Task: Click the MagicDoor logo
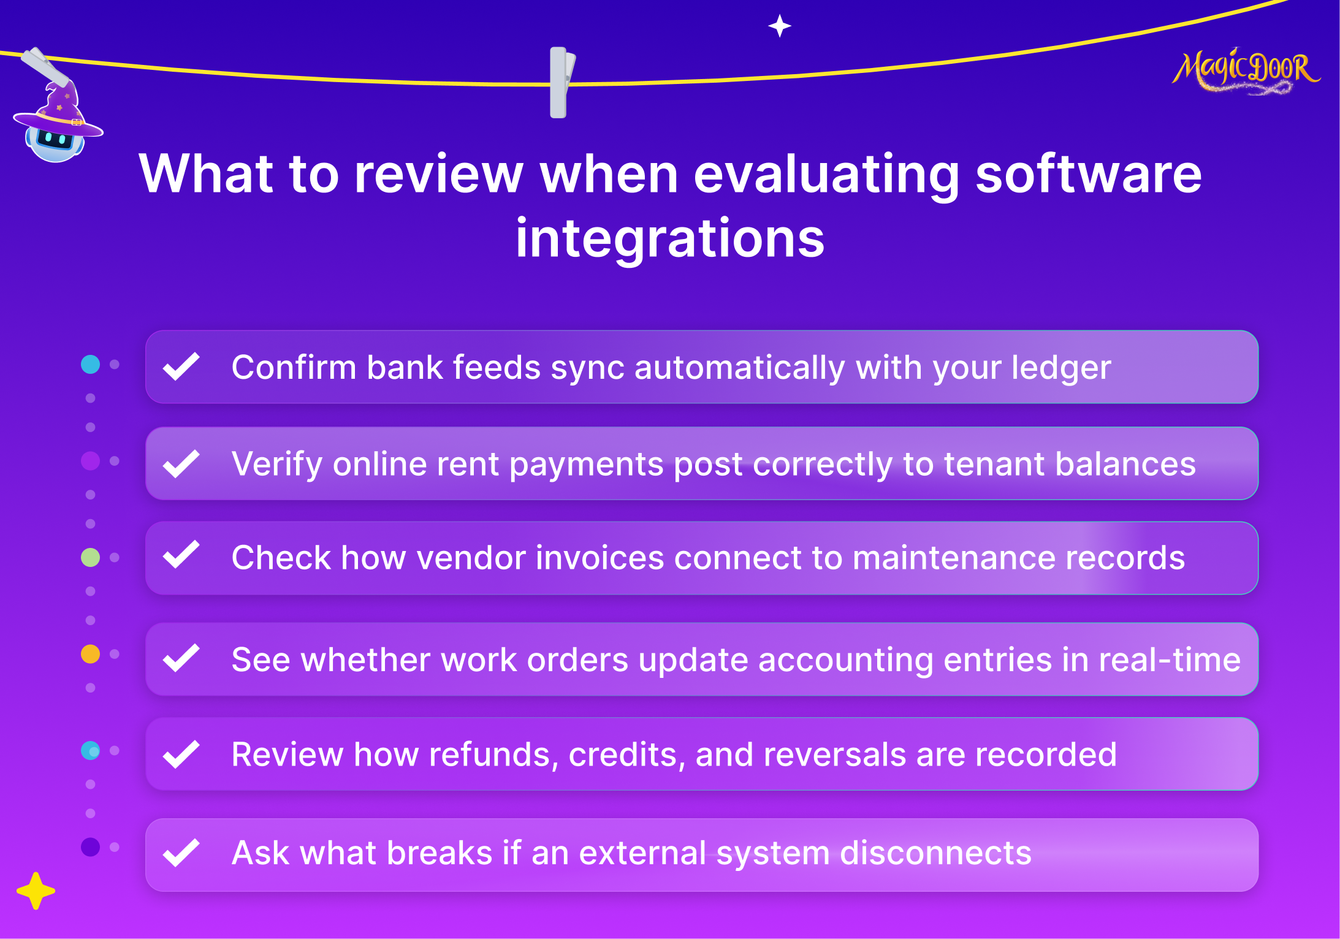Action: pyautogui.click(x=1246, y=71)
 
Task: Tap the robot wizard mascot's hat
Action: pyautogui.click(x=59, y=110)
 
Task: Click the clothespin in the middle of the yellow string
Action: pyautogui.click(x=562, y=82)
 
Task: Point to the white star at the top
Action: pyautogui.click(x=780, y=26)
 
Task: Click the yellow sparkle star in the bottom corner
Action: pyautogui.click(x=36, y=891)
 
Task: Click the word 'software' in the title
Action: pyautogui.click(x=1089, y=174)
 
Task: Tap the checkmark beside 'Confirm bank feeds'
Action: pyautogui.click(x=181, y=366)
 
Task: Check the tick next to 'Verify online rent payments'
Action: pyautogui.click(x=181, y=463)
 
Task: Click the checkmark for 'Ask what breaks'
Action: pyautogui.click(x=181, y=852)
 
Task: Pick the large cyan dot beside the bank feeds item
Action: pyautogui.click(x=90, y=364)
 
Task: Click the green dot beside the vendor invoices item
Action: pyautogui.click(x=90, y=557)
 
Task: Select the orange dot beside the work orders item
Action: pyautogui.click(x=90, y=654)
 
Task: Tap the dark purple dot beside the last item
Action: pyautogui.click(x=90, y=847)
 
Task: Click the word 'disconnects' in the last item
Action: pyautogui.click(x=935, y=853)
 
